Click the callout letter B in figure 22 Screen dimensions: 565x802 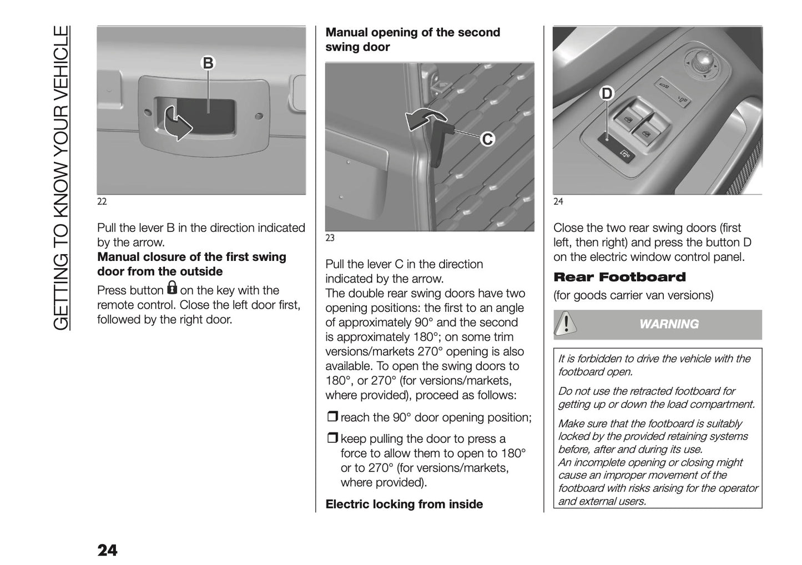[x=208, y=63]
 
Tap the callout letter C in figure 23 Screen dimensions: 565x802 [x=487, y=139]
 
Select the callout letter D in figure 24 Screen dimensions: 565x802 [x=607, y=94]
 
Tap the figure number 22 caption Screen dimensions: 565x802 [x=102, y=201]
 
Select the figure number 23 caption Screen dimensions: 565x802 [x=330, y=238]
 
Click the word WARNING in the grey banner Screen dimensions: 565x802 [x=669, y=324]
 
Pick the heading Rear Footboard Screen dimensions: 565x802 [x=619, y=277]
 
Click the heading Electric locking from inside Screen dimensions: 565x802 [x=404, y=504]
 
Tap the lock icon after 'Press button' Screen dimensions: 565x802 [x=172, y=288]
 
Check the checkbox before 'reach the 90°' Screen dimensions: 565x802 [x=332, y=417]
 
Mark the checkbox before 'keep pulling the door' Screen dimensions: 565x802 [x=332, y=438]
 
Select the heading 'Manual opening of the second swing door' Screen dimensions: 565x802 [x=412, y=39]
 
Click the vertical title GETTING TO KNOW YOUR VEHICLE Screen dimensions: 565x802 [x=62, y=178]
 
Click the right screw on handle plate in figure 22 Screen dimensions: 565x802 [x=259, y=115]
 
